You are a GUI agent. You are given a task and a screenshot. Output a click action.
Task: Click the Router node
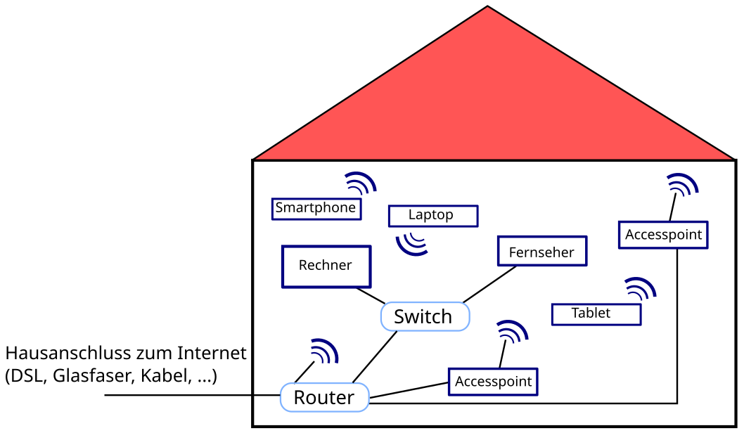point(324,398)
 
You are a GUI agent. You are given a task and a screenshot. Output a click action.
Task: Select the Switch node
point(424,316)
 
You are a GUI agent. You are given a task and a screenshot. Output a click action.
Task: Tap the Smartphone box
point(316,208)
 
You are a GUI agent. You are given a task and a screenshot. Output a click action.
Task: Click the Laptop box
point(432,216)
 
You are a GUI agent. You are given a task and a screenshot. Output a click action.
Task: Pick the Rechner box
point(326,266)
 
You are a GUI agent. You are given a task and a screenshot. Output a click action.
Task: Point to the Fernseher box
point(541,252)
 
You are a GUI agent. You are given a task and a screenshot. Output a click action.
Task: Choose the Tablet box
point(596,314)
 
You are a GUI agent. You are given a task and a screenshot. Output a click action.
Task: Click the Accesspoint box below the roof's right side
point(663,235)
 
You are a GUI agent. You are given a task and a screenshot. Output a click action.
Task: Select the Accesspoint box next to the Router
point(493,382)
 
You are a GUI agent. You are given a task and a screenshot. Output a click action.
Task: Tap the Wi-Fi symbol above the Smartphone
point(360,183)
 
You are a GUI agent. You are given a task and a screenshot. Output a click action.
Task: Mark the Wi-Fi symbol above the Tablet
point(640,289)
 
